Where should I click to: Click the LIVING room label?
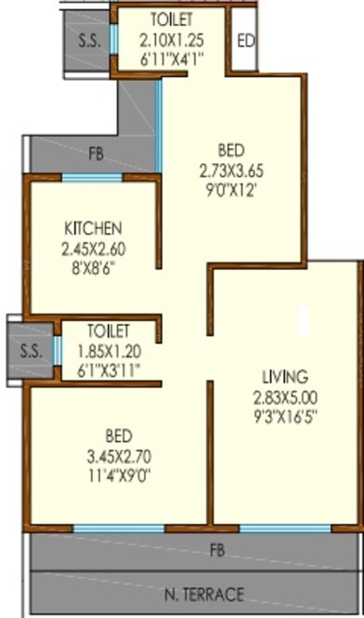[284, 377]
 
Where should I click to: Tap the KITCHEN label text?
[93, 229]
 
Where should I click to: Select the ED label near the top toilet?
[245, 41]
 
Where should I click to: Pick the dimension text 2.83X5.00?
[284, 397]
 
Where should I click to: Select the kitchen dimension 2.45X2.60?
[93, 249]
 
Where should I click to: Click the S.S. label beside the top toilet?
[89, 40]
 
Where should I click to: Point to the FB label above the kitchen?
[96, 154]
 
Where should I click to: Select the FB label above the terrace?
[217, 550]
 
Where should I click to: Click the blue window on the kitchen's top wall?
[92, 176]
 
